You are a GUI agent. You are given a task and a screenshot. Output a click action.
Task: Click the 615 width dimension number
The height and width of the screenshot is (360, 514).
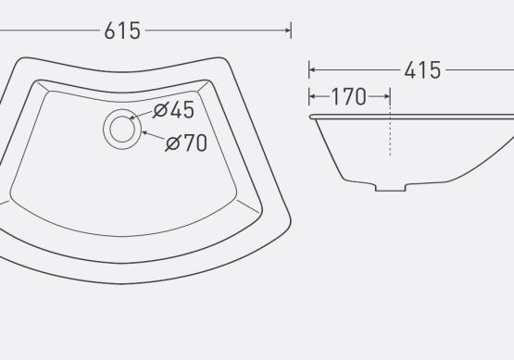tap(122, 31)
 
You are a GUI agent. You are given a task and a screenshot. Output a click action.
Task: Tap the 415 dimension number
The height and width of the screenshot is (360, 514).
tap(422, 70)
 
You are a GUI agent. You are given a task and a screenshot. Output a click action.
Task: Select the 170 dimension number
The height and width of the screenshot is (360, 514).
tap(349, 96)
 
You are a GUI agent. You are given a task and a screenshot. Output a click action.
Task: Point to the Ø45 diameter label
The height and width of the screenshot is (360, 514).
tap(174, 110)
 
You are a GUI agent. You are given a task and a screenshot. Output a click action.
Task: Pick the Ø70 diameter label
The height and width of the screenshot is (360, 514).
tap(186, 143)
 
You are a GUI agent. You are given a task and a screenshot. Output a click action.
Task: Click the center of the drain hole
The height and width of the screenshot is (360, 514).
tap(122, 129)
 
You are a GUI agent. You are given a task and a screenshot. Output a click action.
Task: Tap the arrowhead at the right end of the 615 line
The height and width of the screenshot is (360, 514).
tap(287, 31)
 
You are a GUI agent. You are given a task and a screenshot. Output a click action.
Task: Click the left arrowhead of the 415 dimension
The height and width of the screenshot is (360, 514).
tap(312, 69)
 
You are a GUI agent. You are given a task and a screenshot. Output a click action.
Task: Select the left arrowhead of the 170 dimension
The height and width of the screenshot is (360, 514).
tap(312, 96)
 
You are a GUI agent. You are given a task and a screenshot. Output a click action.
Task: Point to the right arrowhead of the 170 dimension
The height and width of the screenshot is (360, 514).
tap(386, 96)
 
